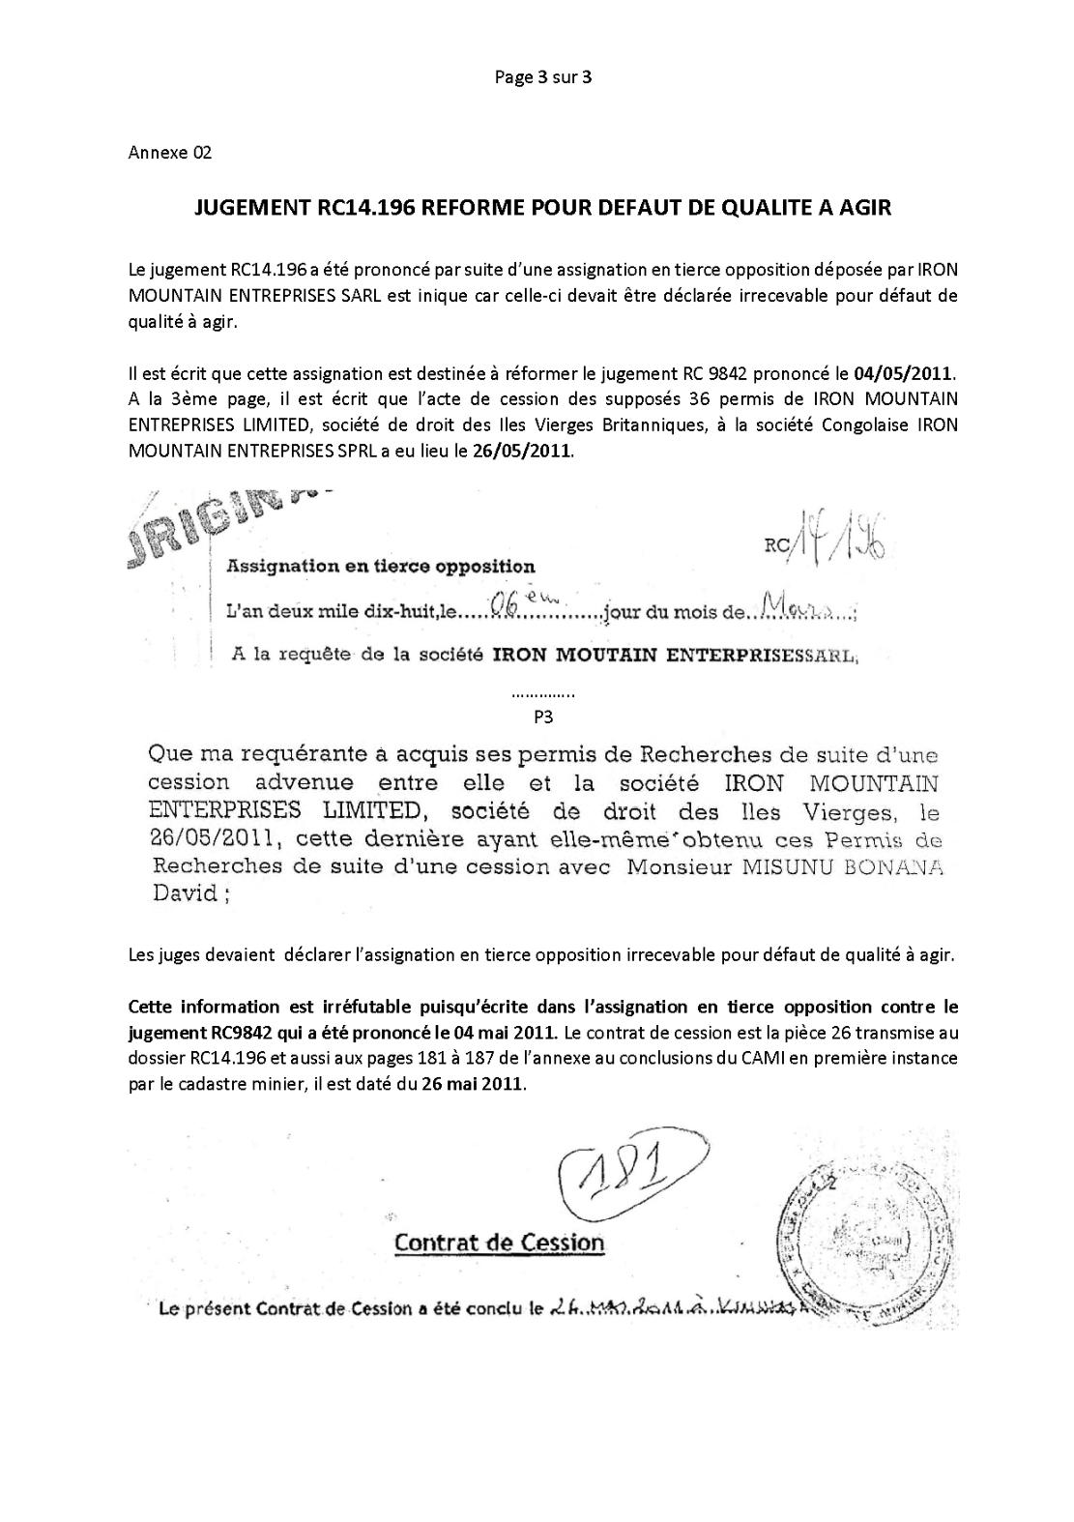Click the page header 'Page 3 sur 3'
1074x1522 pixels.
coord(542,77)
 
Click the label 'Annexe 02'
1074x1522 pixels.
coord(169,153)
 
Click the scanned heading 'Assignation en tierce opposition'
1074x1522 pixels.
coord(380,566)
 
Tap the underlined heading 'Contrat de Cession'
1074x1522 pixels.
coord(499,1243)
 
